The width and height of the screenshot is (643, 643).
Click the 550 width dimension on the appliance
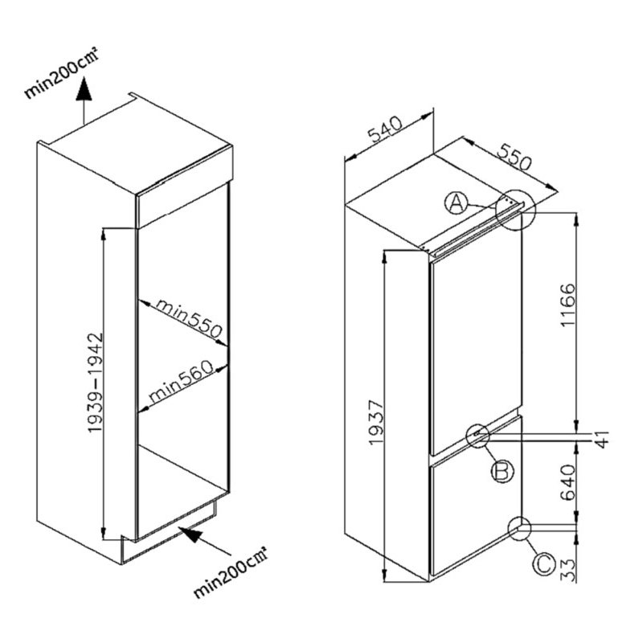(x=514, y=157)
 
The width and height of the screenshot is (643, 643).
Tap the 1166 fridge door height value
(x=568, y=305)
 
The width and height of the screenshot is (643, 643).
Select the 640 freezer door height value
(x=568, y=482)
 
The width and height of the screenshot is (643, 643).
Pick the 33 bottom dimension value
(x=568, y=570)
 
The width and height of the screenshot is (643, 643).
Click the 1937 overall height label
(x=375, y=422)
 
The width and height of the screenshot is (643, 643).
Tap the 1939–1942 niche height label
(x=94, y=383)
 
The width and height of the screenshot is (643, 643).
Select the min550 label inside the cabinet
(x=189, y=318)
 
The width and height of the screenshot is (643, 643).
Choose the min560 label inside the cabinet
(x=182, y=381)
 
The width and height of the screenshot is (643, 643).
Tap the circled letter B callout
(x=502, y=471)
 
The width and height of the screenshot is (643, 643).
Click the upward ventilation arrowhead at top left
(x=84, y=90)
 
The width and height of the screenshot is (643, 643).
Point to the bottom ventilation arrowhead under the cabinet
(x=192, y=534)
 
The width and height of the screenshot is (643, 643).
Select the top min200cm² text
(x=63, y=73)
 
